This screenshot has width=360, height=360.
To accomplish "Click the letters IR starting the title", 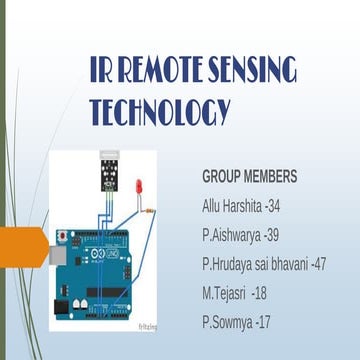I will tap(101, 73).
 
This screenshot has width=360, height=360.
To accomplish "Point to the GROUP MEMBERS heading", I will tap(249, 177).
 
